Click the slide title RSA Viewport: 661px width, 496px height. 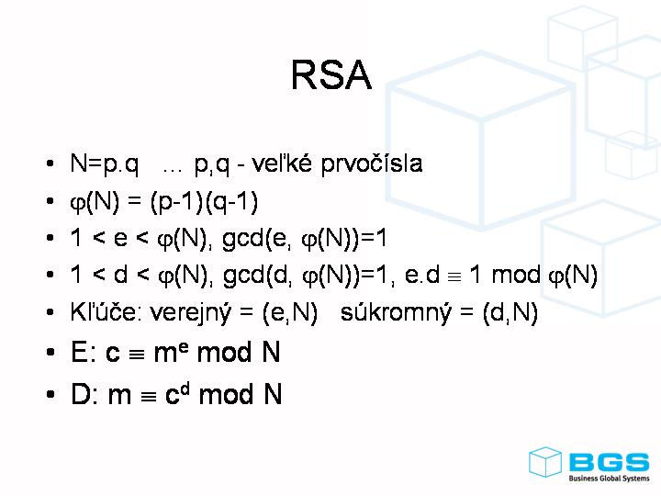[330, 75]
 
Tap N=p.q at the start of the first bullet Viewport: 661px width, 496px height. [105, 164]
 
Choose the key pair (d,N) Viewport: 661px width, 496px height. [510, 313]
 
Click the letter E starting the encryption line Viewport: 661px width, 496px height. [79, 353]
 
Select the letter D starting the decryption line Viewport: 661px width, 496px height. [80, 395]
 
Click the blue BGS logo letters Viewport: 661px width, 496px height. [608, 462]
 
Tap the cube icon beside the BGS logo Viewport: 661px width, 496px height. [545, 462]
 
